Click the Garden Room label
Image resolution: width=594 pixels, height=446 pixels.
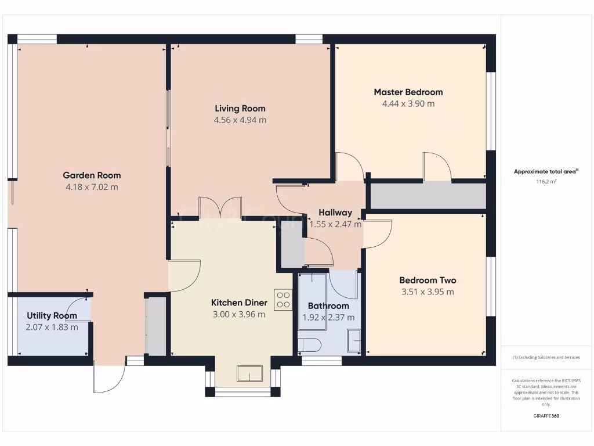(x=92, y=175)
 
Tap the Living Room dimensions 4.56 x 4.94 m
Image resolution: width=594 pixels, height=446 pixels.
(x=240, y=120)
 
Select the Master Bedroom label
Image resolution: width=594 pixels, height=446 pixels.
(x=408, y=92)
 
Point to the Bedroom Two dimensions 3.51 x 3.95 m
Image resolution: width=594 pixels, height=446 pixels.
(x=428, y=292)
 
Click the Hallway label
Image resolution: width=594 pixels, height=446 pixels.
(x=335, y=213)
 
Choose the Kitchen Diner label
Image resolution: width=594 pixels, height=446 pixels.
(x=239, y=303)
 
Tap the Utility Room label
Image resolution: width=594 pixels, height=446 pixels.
(x=52, y=315)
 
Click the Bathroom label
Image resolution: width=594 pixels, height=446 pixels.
(x=328, y=305)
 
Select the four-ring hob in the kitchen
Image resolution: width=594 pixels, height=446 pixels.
(x=283, y=300)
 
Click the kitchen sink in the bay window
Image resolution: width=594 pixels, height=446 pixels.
(x=249, y=374)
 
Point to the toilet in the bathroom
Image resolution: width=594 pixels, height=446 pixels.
(x=309, y=345)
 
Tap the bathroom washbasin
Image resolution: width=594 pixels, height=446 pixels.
(x=353, y=340)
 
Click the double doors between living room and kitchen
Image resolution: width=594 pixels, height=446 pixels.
(x=220, y=208)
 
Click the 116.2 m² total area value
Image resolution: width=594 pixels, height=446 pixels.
(x=545, y=182)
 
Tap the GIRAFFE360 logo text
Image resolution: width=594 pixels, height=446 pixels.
(x=545, y=416)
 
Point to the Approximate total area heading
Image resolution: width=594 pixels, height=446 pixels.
(x=545, y=171)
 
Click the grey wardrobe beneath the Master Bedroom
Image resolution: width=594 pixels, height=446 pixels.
(x=428, y=196)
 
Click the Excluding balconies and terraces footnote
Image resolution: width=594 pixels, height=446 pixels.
(x=545, y=357)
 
